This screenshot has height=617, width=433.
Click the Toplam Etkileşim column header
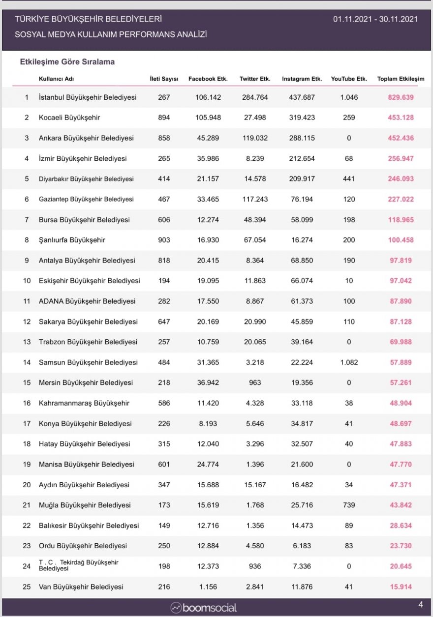401,79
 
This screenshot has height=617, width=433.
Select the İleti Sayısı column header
164,79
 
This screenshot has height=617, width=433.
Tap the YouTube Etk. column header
349,79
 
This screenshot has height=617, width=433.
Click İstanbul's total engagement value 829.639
401,97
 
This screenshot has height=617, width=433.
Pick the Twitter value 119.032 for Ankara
255,138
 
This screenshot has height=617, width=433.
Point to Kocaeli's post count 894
164,118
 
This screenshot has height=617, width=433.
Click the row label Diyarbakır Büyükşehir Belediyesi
86,179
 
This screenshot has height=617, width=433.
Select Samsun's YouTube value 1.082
349,362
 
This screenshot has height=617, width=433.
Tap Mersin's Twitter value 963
255,382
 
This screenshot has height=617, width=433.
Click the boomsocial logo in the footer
204,608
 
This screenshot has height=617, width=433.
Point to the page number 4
420,604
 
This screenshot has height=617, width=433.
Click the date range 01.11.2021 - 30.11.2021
375,19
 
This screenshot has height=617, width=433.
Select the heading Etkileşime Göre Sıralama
67,62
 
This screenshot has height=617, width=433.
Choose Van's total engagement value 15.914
401,587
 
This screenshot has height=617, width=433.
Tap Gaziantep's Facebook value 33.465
208,199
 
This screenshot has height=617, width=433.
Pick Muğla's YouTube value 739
349,505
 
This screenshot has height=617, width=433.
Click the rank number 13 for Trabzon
27,342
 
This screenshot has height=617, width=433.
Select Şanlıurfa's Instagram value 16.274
302,240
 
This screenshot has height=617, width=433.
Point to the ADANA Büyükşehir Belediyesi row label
87,301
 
